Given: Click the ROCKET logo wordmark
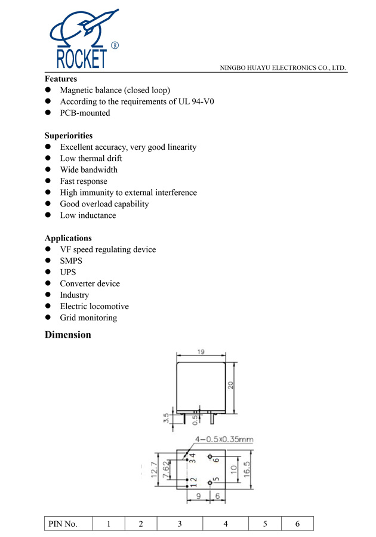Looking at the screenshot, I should coord(81,59).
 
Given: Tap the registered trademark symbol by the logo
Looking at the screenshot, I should coord(115,45).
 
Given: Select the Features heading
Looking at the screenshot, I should coord(61,79).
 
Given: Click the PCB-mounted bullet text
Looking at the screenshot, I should coord(85,113).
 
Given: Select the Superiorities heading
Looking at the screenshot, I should coord(69,135).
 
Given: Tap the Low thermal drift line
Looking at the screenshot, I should coord(91,158).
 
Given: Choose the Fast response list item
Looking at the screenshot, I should coord(84,181).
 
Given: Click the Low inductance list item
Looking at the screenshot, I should coord(88,215).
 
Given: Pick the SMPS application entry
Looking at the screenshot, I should coord(71,261).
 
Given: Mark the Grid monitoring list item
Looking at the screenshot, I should coord(88,317).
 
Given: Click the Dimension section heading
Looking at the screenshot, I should coord(68,335).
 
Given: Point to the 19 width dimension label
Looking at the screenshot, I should coord(201,352).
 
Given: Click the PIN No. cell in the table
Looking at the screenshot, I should coord(63,524).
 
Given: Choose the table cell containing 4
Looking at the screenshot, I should coord(226,524).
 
